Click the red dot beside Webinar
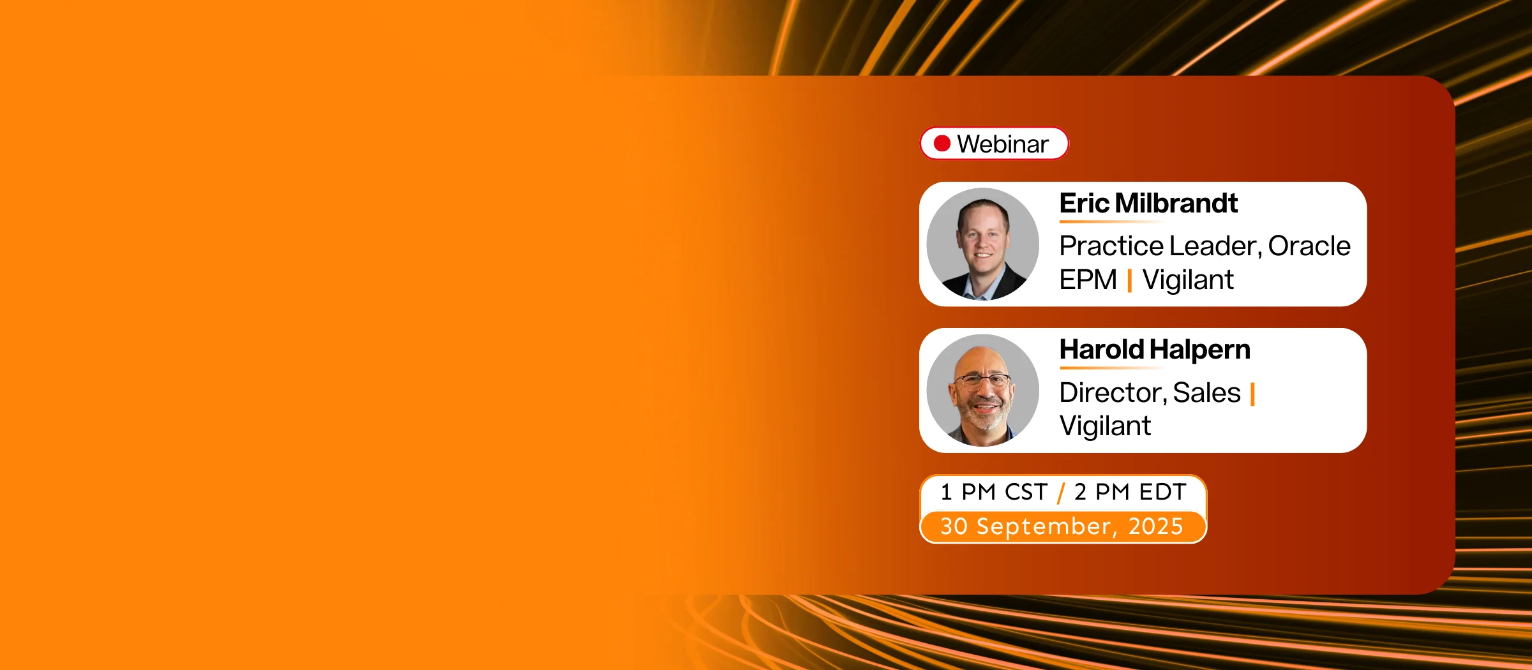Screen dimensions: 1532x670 pyautogui.click(x=942, y=144)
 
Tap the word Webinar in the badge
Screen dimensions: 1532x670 pyautogui.click(x=1003, y=144)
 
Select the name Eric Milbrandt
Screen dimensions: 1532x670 pyautogui.click(x=1148, y=204)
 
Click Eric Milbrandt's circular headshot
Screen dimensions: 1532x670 pyautogui.click(x=983, y=244)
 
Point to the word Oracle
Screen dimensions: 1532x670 pyautogui.click(x=1309, y=246)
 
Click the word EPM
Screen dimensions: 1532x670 pyautogui.click(x=1088, y=280)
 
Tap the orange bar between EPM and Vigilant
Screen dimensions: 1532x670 pyautogui.click(x=1130, y=281)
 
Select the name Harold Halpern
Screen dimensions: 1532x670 pyautogui.click(x=1155, y=350)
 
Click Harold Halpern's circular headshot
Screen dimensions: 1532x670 pyautogui.click(x=983, y=391)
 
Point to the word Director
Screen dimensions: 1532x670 pyautogui.click(x=1113, y=393)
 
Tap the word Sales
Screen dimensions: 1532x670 pyautogui.click(x=1206, y=393)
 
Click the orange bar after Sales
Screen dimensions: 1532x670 pyautogui.click(x=1252, y=394)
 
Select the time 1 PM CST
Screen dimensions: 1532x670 pyautogui.click(x=994, y=492)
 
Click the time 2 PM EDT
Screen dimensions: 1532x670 pyautogui.click(x=1130, y=492)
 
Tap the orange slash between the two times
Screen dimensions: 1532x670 pyautogui.click(x=1061, y=493)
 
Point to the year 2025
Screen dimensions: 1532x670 pyautogui.click(x=1155, y=527)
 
